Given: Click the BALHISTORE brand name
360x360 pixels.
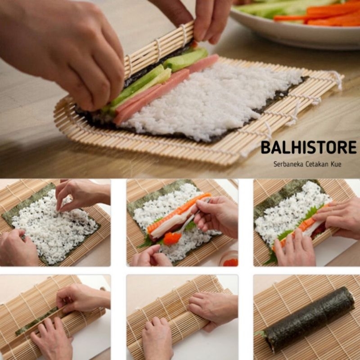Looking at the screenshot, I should tap(308, 148).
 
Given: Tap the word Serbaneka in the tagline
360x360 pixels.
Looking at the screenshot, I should tap(288, 164).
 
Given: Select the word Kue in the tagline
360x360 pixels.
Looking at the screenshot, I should tap(335, 164).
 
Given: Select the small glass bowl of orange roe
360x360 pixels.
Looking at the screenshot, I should tap(230, 260).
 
